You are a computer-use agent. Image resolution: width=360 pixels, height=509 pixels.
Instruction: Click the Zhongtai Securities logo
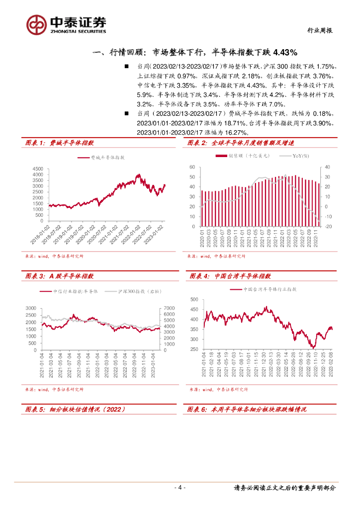tap(66, 24)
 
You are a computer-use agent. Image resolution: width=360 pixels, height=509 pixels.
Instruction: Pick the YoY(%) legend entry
tap(298, 156)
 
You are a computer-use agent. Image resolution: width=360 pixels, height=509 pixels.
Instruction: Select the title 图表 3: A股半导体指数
tap(60, 276)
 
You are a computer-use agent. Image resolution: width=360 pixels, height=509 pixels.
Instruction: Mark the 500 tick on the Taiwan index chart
tap(193, 299)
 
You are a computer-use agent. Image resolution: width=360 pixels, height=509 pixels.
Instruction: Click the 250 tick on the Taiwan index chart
tap(193, 349)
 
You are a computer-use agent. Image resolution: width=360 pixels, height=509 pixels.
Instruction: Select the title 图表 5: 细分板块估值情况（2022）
tap(75, 410)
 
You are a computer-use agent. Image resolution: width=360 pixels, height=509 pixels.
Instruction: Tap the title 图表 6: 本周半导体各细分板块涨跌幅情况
tap(248, 410)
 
